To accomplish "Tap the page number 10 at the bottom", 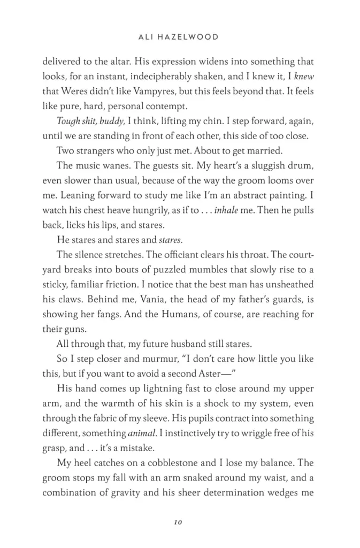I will coord(179,522).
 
